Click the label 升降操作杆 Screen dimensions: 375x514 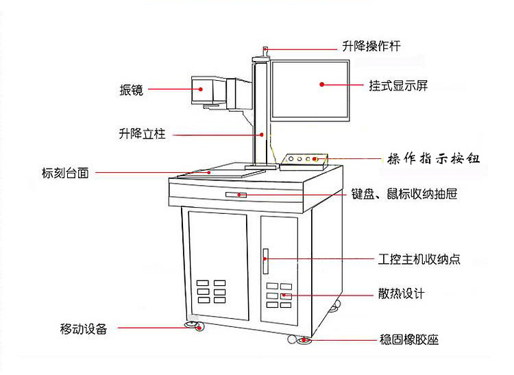pos(371,47)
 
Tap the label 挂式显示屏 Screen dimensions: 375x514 pos(398,86)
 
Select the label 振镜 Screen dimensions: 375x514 pos(131,90)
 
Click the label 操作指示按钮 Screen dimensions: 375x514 pos(433,159)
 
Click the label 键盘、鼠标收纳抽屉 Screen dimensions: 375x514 pos(404,195)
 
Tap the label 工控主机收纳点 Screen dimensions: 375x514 pos(419,260)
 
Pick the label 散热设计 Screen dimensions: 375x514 pos(401,294)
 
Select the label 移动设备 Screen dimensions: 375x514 pos(83,328)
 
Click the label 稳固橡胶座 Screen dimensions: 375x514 pos(408,339)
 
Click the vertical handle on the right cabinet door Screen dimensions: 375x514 pos(265,259)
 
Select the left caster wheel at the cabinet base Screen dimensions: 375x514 pos(193,325)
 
